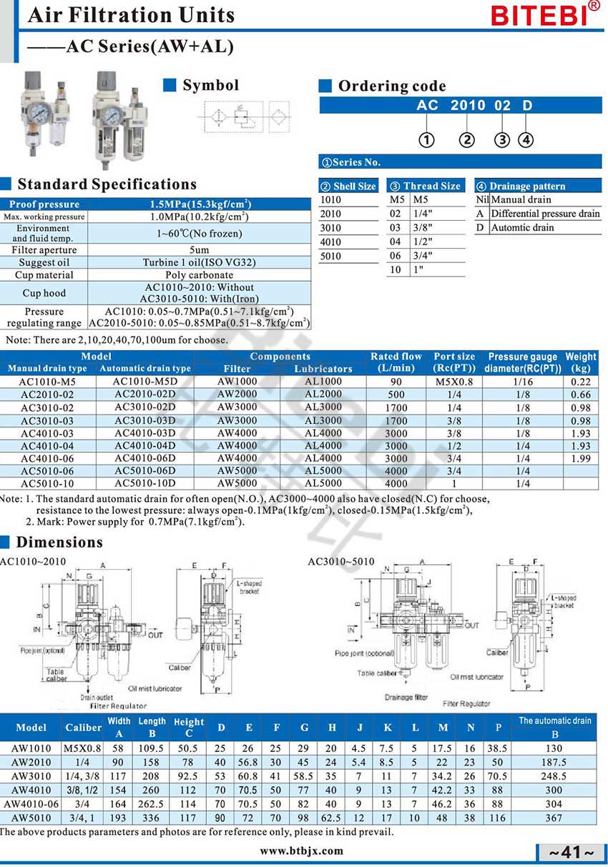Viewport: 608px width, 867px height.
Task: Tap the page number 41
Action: (x=571, y=853)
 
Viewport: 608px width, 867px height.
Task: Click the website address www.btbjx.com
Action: (x=301, y=851)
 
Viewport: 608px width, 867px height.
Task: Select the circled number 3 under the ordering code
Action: (x=503, y=140)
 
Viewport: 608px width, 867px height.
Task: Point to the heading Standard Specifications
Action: (x=107, y=184)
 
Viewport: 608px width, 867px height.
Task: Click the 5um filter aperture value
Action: (x=200, y=249)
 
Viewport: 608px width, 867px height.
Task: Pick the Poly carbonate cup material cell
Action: (x=200, y=274)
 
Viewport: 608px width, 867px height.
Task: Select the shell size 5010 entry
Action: (x=330, y=256)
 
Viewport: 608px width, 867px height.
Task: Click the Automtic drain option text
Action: (x=522, y=227)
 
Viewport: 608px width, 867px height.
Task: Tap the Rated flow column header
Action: (x=396, y=362)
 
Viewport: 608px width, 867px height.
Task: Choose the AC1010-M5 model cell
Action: (x=47, y=382)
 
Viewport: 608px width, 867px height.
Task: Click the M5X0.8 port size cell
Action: (x=454, y=382)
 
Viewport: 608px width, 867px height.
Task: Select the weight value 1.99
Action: (x=581, y=458)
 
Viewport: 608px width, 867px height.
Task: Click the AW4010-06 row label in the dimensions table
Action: (x=31, y=803)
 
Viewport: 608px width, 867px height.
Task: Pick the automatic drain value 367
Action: (x=554, y=817)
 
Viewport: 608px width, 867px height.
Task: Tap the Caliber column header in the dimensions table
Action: (x=83, y=728)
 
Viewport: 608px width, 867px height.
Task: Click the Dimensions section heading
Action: (x=59, y=542)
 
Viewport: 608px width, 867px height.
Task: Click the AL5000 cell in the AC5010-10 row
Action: (x=323, y=484)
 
